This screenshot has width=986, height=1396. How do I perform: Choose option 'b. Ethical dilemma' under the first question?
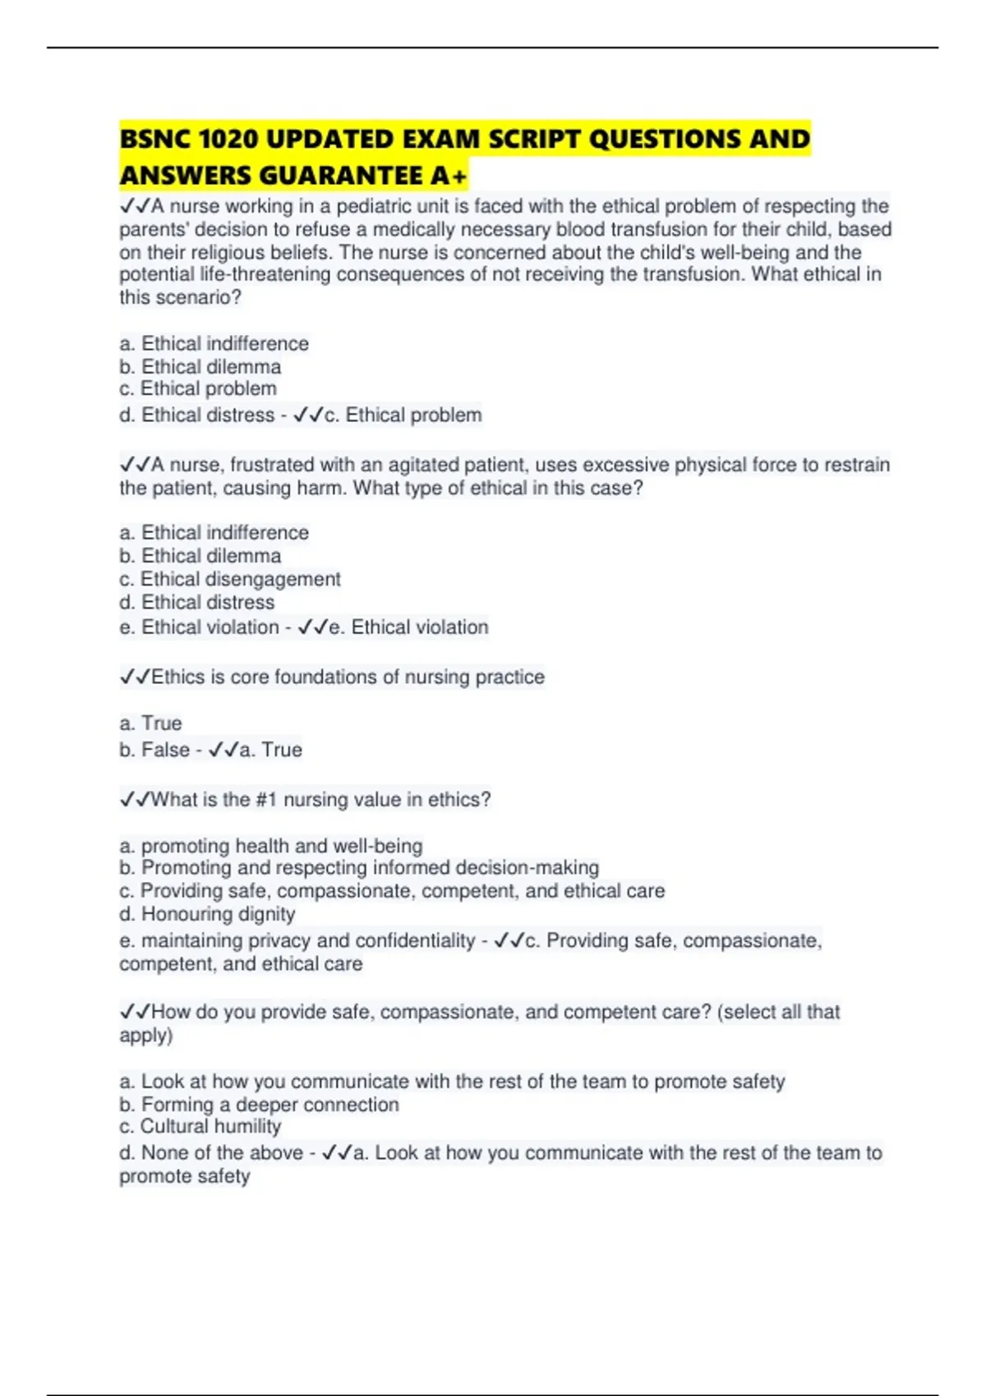point(200,366)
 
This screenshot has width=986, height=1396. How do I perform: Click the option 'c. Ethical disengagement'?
point(229,579)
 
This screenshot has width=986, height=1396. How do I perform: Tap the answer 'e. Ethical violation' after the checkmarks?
point(408,627)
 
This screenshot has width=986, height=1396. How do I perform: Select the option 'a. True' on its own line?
point(150,723)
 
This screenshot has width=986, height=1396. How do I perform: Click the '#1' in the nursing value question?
point(266,800)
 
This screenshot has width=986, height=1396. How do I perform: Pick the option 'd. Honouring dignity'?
point(207,914)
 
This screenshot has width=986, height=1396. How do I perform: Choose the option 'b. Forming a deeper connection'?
point(259,1104)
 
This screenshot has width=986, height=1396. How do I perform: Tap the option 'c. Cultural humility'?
point(200,1127)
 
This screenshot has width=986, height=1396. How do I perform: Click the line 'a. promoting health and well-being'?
point(270,846)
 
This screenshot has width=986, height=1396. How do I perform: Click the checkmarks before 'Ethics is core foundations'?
point(135,677)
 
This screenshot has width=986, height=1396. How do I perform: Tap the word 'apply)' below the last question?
point(145,1035)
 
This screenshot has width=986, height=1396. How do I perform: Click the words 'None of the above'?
point(222,1153)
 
